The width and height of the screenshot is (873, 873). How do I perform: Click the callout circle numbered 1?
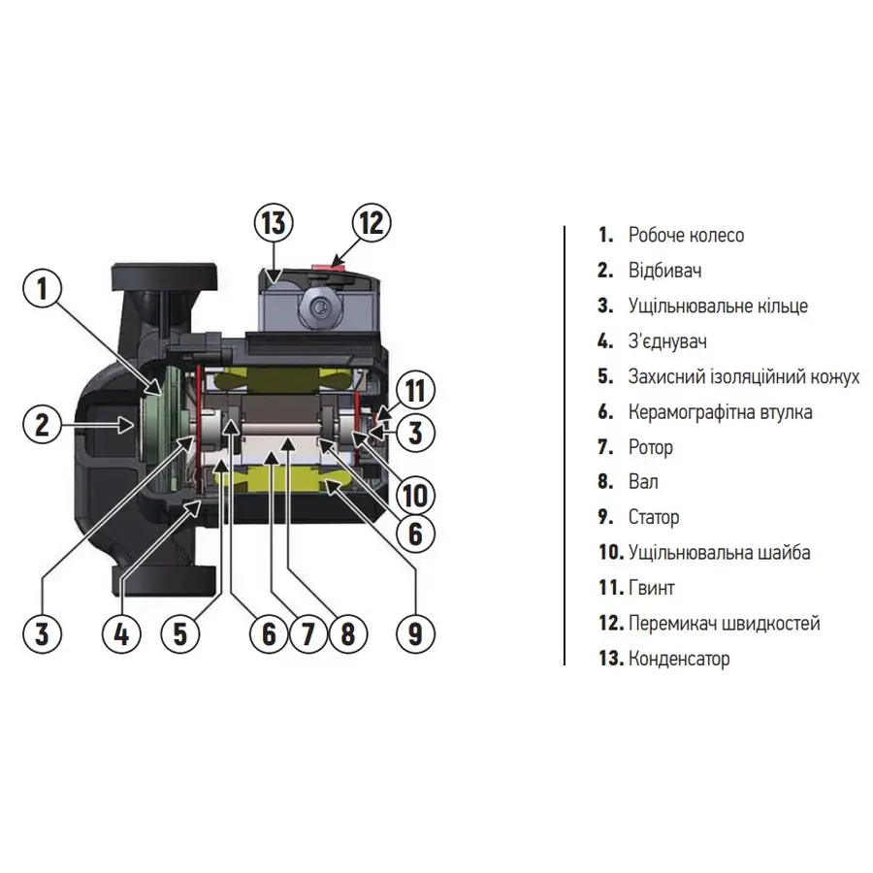[x=42, y=288]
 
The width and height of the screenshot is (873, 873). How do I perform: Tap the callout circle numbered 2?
[x=42, y=423]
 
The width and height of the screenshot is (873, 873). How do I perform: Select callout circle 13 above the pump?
[x=275, y=223]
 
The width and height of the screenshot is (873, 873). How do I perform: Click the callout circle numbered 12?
[x=371, y=223]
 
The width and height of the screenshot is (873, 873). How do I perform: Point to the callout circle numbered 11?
[x=415, y=393]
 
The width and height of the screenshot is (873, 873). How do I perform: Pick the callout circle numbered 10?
[x=415, y=496]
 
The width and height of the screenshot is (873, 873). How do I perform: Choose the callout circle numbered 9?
[x=415, y=633]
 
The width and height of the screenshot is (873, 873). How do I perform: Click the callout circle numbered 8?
[x=347, y=633]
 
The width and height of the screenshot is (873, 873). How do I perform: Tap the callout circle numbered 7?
[x=307, y=633]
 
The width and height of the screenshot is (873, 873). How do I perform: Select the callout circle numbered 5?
[x=180, y=633]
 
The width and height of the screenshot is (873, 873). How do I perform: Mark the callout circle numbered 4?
[x=121, y=633]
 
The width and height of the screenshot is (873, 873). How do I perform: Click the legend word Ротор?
[x=650, y=447]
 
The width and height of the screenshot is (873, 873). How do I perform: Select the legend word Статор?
[x=654, y=517]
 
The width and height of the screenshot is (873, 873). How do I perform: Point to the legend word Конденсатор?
[x=679, y=659]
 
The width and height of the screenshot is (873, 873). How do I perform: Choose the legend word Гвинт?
[x=651, y=588]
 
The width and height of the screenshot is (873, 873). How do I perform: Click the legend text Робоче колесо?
[x=686, y=235]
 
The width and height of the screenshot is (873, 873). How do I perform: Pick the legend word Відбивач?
[x=664, y=271]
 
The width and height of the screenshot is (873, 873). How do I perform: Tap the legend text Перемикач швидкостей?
[x=724, y=624]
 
